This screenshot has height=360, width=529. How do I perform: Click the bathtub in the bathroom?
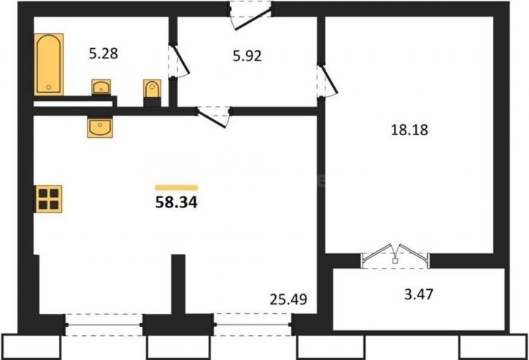point(49,64)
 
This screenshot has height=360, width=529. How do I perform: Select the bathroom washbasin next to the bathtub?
point(101,87)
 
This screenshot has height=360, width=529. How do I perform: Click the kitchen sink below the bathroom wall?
point(100,127)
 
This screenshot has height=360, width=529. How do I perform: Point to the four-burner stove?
point(49,199)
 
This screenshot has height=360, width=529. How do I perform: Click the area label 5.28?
point(104,54)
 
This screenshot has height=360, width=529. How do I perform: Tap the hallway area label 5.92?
point(247,56)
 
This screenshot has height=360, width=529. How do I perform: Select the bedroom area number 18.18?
point(409,130)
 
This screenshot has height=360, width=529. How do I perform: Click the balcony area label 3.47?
point(419,294)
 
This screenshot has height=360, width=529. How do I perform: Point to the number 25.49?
point(288,299)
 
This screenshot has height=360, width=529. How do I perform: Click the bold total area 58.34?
point(177,203)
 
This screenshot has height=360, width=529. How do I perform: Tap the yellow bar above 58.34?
point(177,188)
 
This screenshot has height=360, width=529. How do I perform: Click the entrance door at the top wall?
point(251,15)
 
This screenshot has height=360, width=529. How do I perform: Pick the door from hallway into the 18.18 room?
point(327,81)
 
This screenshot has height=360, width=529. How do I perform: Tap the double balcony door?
point(395,256)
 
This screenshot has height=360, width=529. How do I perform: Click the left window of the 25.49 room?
point(104,325)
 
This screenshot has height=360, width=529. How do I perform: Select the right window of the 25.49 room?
point(253,325)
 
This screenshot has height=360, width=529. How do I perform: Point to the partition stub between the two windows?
point(178,284)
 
